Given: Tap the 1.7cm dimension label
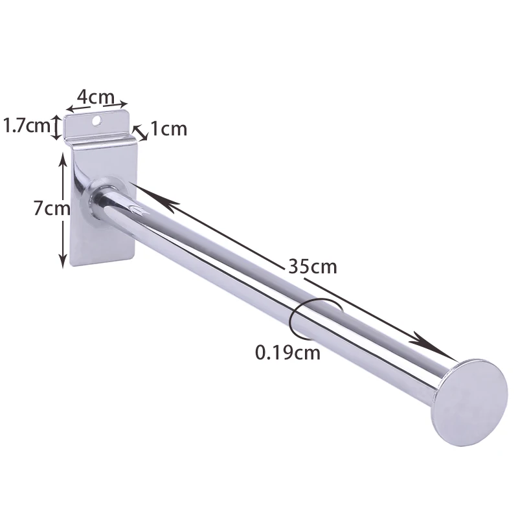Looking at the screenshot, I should pyautogui.click(x=27, y=126).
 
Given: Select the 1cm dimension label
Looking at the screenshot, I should pyautogui.click(x=168, y=129).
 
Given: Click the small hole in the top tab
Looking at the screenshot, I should pyautogui.click(x=97, y=120).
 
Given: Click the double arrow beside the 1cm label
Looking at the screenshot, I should pyautogui.click(x=140, y=131).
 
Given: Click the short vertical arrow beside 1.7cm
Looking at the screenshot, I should pyautogui.click(x=58, y=126).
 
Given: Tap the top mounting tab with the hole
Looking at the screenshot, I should pyautogui.click(x=97, y=126).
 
